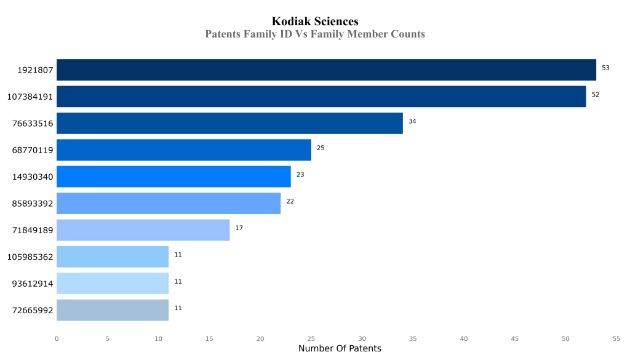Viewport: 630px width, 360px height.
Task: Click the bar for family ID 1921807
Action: [x=326, y=70]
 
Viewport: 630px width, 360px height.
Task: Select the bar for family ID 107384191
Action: [x=321, y=97]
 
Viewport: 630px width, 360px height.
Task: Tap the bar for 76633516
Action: [x=229, y=123]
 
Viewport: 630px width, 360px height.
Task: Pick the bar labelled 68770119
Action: [x=184, y=150]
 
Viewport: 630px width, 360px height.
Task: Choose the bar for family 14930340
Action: [x=173, y=177]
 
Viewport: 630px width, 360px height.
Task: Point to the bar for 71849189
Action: [x=143, y=230]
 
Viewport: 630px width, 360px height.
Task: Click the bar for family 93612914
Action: [x=113, y=283]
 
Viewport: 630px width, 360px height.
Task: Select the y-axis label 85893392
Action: [x=33, y=204]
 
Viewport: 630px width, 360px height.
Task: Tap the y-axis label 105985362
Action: [x=30, y=257]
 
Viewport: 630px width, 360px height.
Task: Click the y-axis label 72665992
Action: [x=33, y=310]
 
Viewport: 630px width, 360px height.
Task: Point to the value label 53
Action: [x=605, y=68]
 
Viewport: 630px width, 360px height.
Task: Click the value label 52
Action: [x=595, y=95]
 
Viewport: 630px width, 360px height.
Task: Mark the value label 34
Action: [x=412, y=121]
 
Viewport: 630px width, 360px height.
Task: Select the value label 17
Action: [x=239, y=228]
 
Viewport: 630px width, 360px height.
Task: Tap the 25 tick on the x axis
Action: [x=311, y=338]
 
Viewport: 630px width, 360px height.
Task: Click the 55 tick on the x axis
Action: [x=616, y=338]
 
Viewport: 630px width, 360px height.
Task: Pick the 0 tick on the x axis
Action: [x=57, y=338]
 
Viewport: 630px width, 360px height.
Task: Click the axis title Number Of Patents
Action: [x=340, y=349]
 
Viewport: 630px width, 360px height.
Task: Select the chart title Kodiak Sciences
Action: [x=315, y=22]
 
